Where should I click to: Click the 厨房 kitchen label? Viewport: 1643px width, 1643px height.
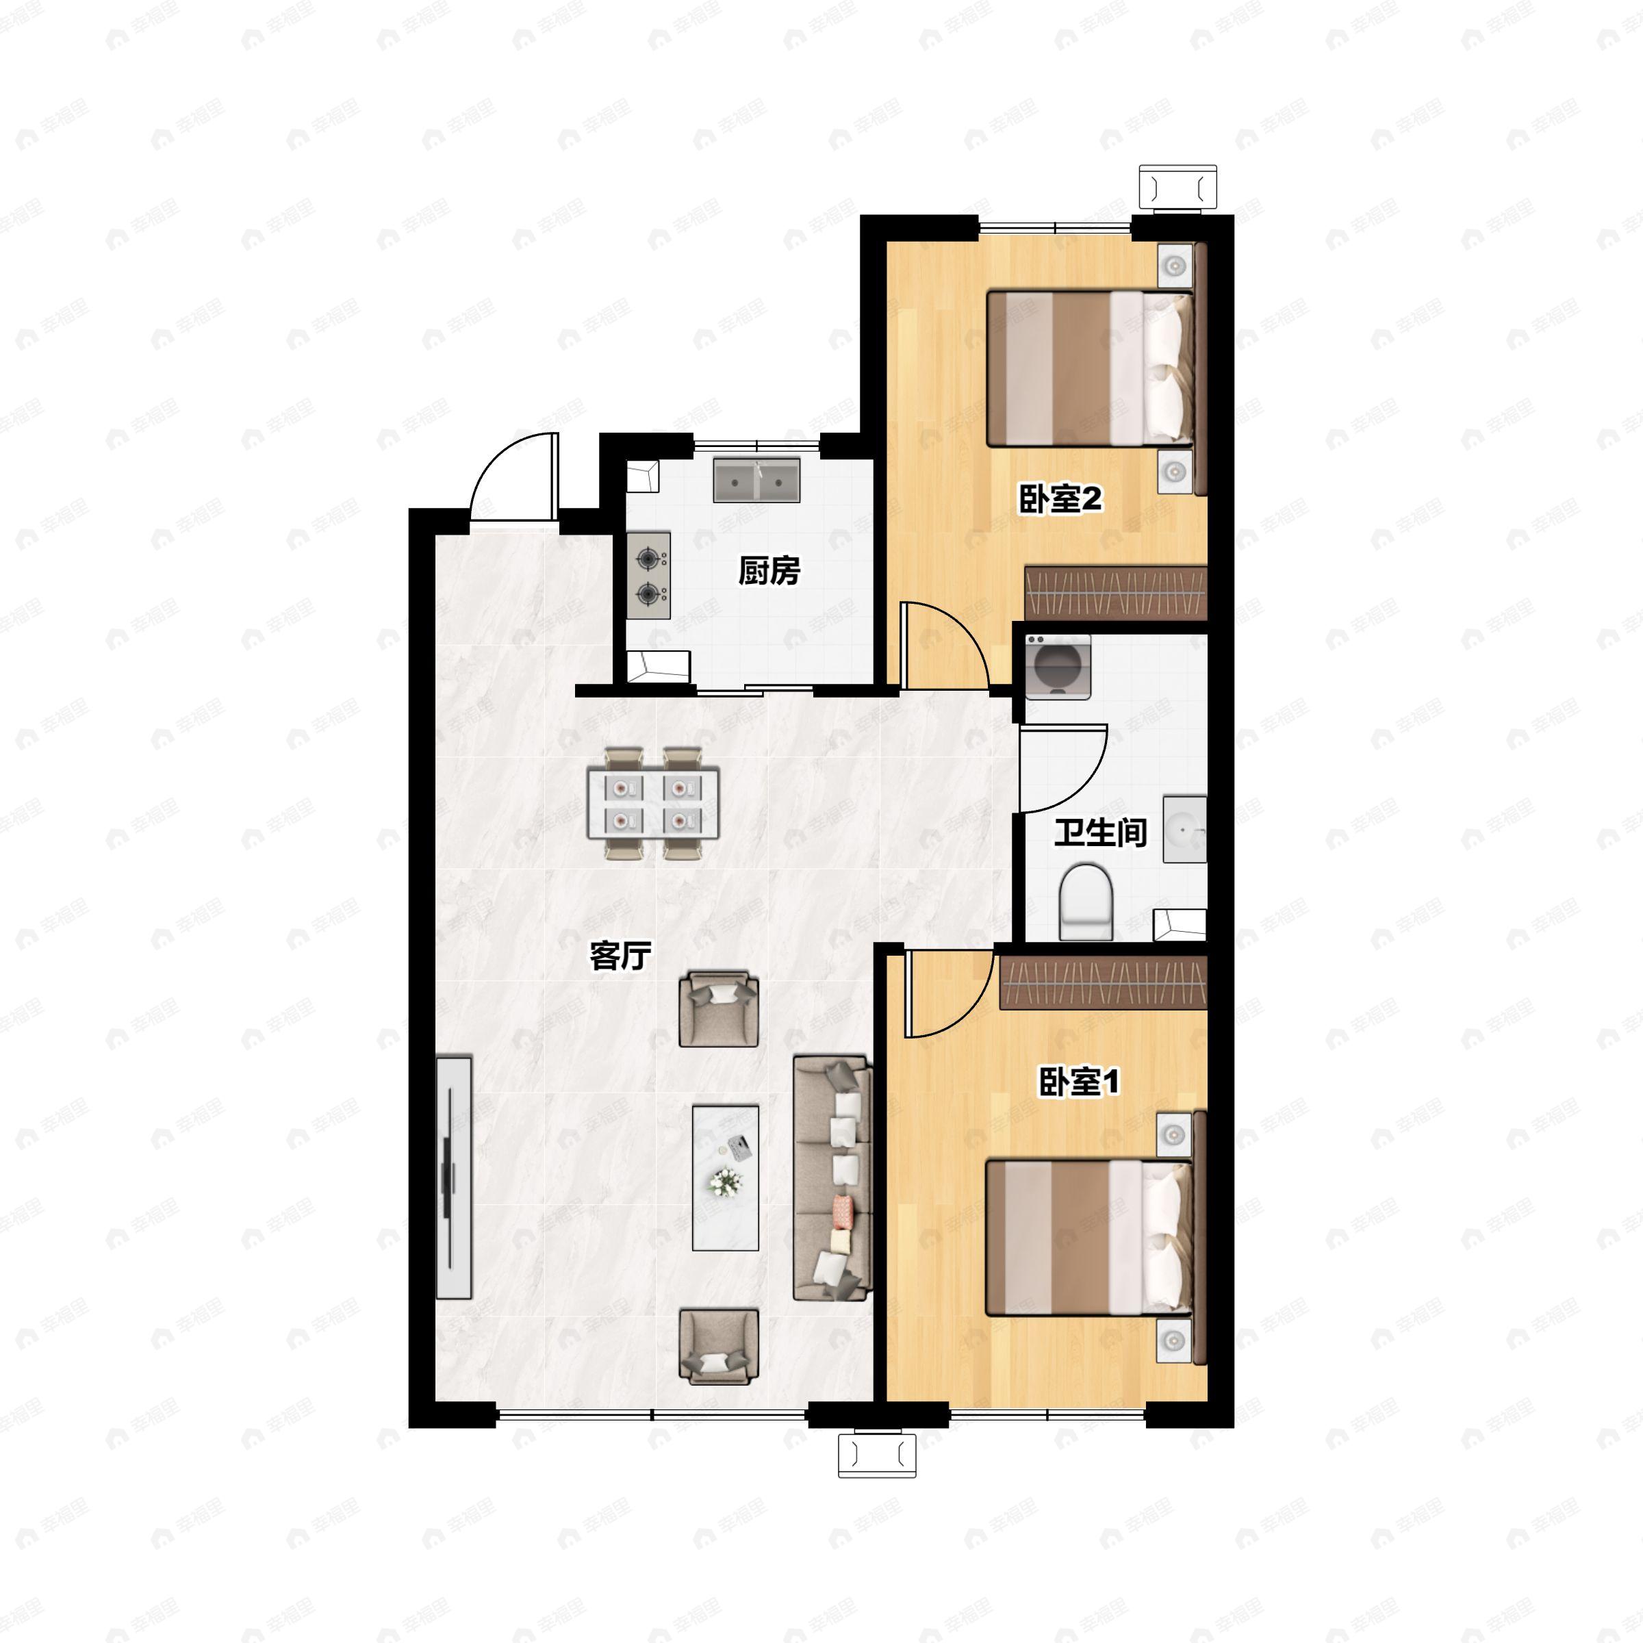(x=769, y=572)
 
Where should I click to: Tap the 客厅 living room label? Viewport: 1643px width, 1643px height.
(x=620, y=956)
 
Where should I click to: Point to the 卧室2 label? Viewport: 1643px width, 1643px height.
(x=1060, y=499)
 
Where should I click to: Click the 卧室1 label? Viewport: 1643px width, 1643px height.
(x=1079, y=1082)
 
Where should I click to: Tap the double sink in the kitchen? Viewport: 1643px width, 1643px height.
(x=756, y=481)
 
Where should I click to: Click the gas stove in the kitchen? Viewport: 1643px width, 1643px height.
(x=649, y=576)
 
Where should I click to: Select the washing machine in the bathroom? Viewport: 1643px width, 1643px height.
(x=1057, y=667)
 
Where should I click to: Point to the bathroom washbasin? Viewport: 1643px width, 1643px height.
(x=1184, y=829)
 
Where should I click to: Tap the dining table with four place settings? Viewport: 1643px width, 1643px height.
(x=653, y=804)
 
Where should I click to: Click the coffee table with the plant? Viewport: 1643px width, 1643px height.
(x=726, y=1177)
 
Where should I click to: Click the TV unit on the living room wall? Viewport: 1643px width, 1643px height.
(x=453, y=1177)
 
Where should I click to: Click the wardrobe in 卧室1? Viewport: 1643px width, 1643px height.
(x=1104, y=983)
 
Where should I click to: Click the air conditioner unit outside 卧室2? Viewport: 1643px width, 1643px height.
(x=1177, y=187)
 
